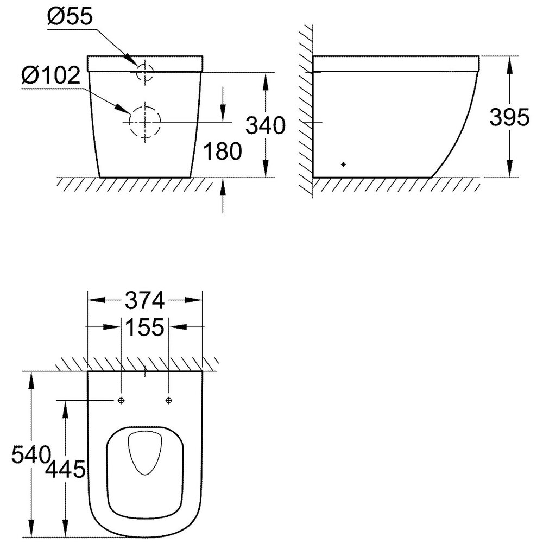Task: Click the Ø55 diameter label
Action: tap(70, 17)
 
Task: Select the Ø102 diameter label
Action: tap(51, 75)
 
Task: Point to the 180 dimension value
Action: tap(222, 151)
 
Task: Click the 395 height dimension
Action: tap(509, 117)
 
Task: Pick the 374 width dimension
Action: tap(145, 300)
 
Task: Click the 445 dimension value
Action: tap(65, 469)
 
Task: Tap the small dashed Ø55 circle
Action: tap(145, 72)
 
